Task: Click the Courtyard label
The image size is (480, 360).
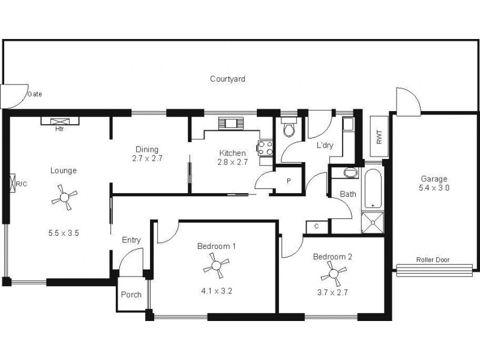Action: (227, 79)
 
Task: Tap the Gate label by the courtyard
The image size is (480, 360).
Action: (34, 94)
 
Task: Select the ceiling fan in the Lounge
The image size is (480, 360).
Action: (64, 197)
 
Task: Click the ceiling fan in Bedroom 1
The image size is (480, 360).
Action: (216, 265)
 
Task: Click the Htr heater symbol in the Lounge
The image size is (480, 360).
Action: (59, 121)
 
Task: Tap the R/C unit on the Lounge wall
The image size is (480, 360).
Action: (12, 184)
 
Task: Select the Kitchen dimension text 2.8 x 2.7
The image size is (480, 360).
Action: (232, 162)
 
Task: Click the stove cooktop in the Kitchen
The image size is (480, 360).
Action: (265, 148)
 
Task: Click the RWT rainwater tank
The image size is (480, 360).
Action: (379, 137)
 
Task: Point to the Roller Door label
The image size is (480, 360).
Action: (433, 260)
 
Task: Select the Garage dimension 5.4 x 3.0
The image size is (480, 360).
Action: (434, 188)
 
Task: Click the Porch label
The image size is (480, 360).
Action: (131, 295)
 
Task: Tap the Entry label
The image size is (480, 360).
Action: (131, 240)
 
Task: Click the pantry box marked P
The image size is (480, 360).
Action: (288, 181)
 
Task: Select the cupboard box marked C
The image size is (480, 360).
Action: (316, 227)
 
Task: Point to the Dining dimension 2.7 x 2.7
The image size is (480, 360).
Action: (148, 159)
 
